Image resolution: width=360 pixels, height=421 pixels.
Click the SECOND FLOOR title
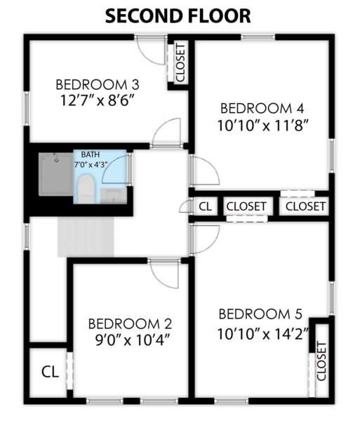pos(178,16)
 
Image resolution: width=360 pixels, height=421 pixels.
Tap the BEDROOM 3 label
pos(98,85)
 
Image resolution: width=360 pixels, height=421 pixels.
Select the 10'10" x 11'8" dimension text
pos(262,126)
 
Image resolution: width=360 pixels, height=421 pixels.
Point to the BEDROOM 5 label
pos(260,314)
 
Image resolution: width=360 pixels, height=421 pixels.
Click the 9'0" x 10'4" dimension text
pos(133,340)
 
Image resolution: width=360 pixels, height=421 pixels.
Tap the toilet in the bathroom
pos(86,189)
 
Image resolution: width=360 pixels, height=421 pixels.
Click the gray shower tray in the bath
pos(56,174)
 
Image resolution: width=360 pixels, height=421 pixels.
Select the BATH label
pos(91,154)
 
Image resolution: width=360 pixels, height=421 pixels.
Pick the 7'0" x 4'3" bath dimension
pos(91,165)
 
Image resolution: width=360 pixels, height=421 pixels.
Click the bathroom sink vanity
pos(113,196)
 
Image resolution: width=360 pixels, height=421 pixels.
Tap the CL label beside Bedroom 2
pos(51,372)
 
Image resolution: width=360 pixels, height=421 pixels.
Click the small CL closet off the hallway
pos(206,206)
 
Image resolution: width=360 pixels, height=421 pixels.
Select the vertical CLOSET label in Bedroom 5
pos(321,361)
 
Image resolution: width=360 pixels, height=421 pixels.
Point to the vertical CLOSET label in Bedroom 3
pos(180,63)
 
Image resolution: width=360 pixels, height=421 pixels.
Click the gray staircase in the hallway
pos(86,237)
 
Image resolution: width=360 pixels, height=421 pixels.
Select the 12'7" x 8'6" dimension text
pos(97,101)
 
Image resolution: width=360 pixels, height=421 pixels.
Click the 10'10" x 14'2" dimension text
pos(262,334)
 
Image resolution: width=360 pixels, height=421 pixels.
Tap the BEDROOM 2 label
pos(130,324)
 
